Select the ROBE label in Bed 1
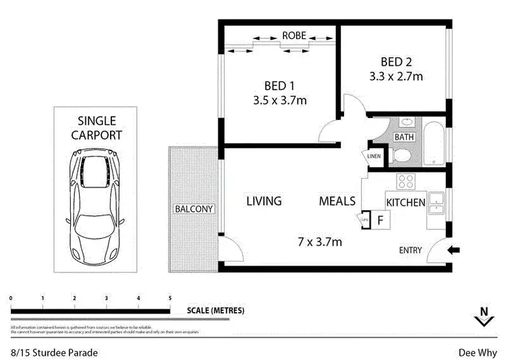coord(295,35)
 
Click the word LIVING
coord(264,201)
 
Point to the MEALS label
coord(337,201)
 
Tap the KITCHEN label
coord(405,202)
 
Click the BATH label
coord(404,137)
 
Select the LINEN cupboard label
coord(374,157)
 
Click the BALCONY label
coord(194,209)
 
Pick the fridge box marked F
coord(380,220)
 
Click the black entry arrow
coord(454,250)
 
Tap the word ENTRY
coord(410,250)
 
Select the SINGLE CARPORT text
coord(96,127)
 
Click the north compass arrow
coord(482,316)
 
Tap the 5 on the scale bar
coord(170,297)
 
